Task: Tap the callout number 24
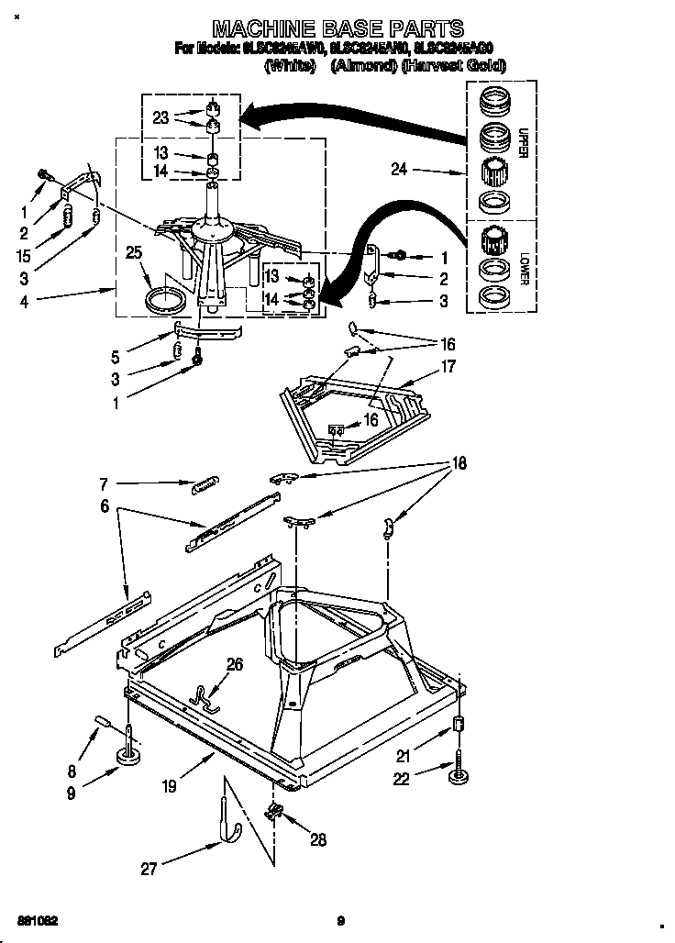click(398, 169)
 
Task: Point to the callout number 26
click(235, 665)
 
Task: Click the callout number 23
click(161, 117)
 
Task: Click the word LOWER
click(524, 267)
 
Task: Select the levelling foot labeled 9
click(127, 755)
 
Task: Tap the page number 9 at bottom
click(340, 921)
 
